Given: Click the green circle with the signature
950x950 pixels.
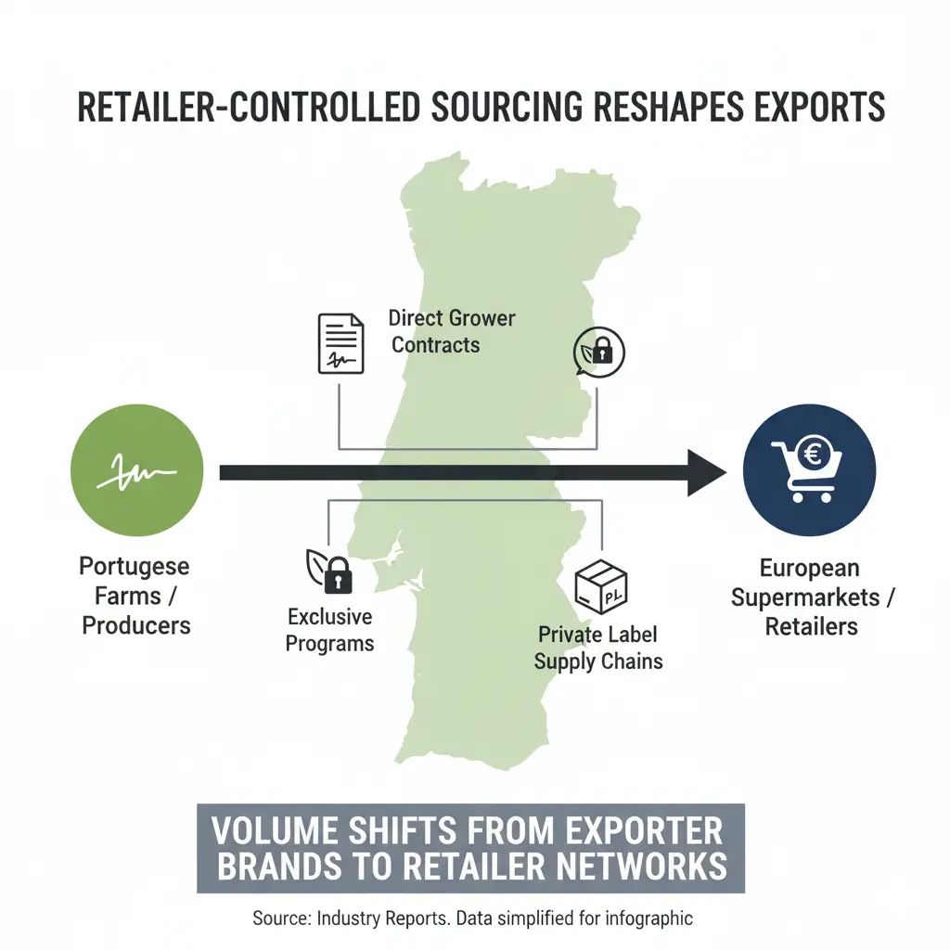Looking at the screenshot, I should [136, 471].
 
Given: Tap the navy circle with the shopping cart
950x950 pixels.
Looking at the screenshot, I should [810, 470].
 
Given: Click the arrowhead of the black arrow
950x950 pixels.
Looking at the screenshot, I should [705, 472].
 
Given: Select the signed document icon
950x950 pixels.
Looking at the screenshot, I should [341, 343].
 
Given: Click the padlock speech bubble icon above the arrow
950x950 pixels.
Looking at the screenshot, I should [599, 351].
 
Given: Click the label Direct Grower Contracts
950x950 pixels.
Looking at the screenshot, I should [451, 331].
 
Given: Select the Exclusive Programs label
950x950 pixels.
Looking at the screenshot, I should [329, 630].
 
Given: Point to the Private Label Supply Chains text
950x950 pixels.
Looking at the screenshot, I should [598, 648].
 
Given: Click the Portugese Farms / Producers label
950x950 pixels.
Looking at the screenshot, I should [135, 595].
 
